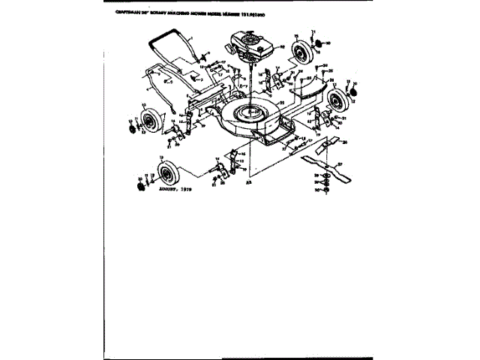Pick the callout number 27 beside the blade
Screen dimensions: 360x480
click(x=340, y=163)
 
